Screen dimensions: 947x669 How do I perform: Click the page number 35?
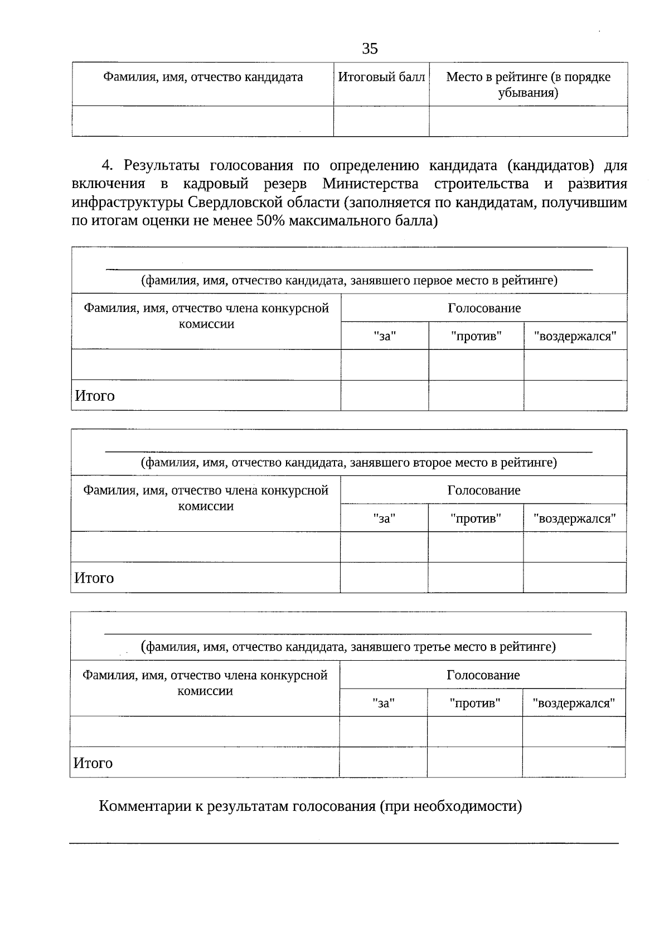pos(370,49)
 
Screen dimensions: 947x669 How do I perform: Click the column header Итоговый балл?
pos(381,77)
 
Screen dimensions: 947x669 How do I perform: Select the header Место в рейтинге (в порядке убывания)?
pos(528,84)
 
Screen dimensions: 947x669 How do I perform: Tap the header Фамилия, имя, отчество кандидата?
pos(203,77)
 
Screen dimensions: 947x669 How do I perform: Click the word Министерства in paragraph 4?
pos(370,184)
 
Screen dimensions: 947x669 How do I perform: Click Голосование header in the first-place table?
pos(484,308)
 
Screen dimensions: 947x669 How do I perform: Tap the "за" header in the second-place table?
pos(384,518)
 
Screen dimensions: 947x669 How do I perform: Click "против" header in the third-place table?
pos(475,703)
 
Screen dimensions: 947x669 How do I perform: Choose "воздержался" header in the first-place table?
pos(575,337)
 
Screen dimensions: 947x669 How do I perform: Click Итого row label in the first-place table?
pos(95,396)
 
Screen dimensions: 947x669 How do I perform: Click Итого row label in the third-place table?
pos(93,763)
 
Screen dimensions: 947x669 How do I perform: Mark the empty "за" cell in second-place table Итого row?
pos(384,578)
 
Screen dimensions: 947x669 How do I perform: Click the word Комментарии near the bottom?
pos(145,806)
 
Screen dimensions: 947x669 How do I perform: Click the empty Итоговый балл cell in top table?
pos(381,121)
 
